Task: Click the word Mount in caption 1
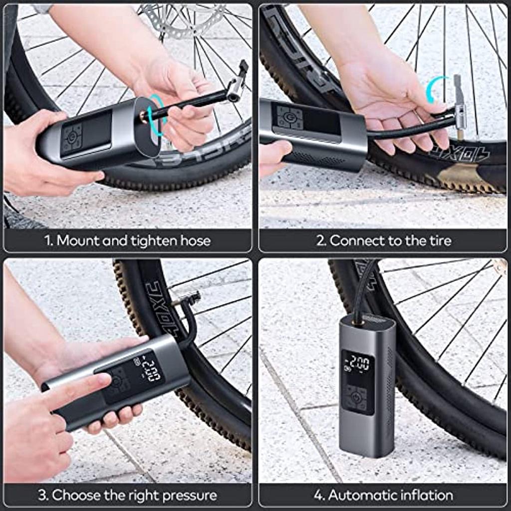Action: (x=78, y=241)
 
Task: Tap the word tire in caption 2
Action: (x=439, y=241)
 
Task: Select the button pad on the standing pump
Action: (x=357, y=398)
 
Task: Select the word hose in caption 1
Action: (x=197, y=241)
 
